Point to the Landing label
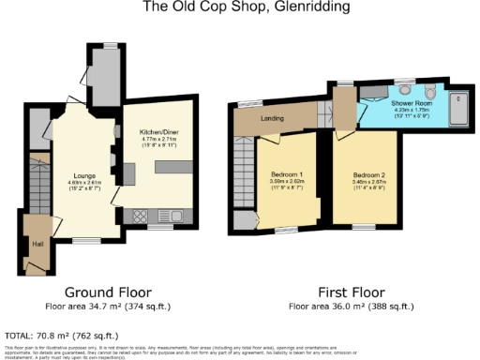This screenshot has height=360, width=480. pyautogui.click(x=273, y=118)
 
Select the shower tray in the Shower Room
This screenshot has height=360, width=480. pyautogui.click(x=459, y=109)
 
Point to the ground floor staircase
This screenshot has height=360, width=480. pyautogui.click(x=39, y=183)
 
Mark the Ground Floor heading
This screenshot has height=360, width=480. pyautogui.click(x=106, y=292)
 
